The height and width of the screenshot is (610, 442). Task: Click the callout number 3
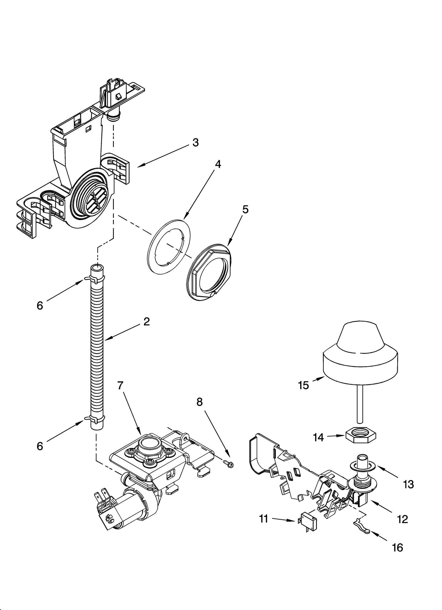click(195, 143)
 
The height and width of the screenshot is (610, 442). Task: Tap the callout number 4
click(218, 165)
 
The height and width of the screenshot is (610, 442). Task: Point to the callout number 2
click(146, 321)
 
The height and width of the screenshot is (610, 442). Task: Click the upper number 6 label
click(40, 306)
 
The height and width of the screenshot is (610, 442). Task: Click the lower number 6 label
click(40, 446)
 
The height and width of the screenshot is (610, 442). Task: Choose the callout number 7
click(120, 385)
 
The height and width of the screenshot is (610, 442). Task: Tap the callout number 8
click(199, 402)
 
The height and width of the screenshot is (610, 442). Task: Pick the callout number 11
click(264, 519)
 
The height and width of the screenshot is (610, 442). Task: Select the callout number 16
click(398, 548)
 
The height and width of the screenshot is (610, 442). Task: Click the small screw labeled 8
click(229, 465)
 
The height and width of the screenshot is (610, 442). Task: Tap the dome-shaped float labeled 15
click(360, 356)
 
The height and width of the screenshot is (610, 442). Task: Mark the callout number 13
click(408, 484)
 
